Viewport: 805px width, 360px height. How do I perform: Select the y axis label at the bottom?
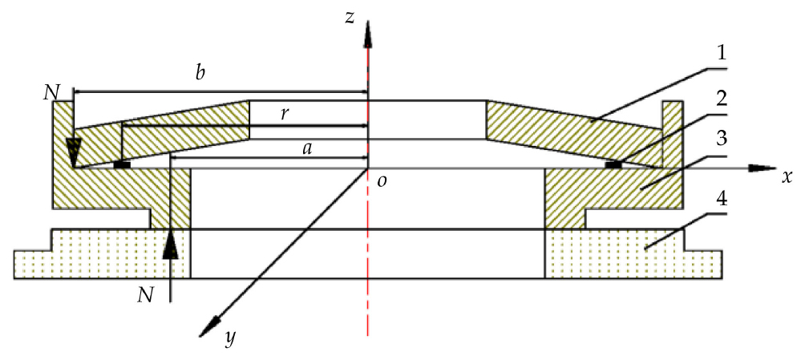[230, 339]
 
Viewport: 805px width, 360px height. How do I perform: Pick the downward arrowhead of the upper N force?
[74, 152]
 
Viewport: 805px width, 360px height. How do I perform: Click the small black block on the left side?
[122, 164]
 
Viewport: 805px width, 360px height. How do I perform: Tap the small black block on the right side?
[613, 164]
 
